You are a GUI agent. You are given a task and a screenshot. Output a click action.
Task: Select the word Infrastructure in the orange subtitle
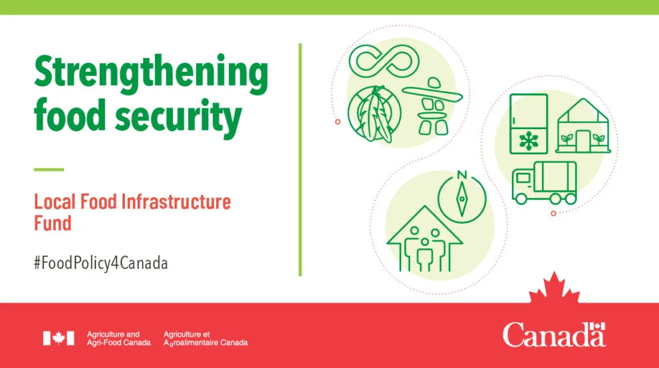pyautogui.click(x=176, y=202)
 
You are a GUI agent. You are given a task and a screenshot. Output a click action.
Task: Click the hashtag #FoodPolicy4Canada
pyautogui.click(x=101, y=264)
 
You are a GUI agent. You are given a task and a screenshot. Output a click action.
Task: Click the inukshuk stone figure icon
pyautogui.click(x=432, y=106)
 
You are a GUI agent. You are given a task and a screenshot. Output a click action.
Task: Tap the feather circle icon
pyautogui.click(x=374, y=114)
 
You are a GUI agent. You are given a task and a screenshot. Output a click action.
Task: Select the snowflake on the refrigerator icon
pyautogui.click(x=529, y=141)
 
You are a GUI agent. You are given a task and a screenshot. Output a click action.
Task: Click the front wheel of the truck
pyautogui.click(x=521, y=198)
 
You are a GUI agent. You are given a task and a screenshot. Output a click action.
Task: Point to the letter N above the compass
pyautogui.click(x=462, y=174)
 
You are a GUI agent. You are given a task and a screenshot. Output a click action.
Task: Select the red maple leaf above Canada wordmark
pyautogui.click(x=554, y=287)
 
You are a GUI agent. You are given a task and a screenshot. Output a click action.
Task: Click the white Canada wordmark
pyautogui.click(x=554, y=335)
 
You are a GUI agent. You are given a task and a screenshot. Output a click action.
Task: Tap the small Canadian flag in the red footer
pyautogui.click(x=59, y=338)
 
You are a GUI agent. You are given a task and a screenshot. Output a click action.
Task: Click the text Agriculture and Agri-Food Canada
pyautogui.click(x=118, y=339)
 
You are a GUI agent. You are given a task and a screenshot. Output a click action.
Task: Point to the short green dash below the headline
pyautogui.click(x=49, y=170)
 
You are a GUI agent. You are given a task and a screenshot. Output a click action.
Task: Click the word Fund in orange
pyautogui.click(x=53, y=224)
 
